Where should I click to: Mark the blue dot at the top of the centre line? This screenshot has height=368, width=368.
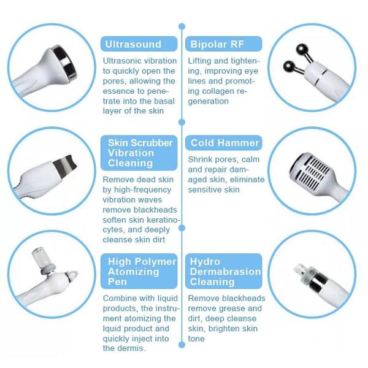pyautogui.click(x=182, y=26)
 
